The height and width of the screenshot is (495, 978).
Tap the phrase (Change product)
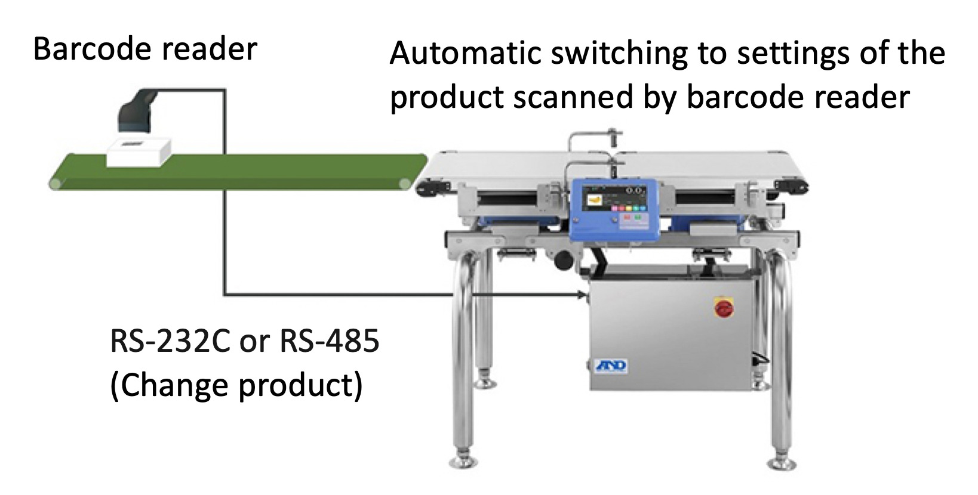click(236, 385)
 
